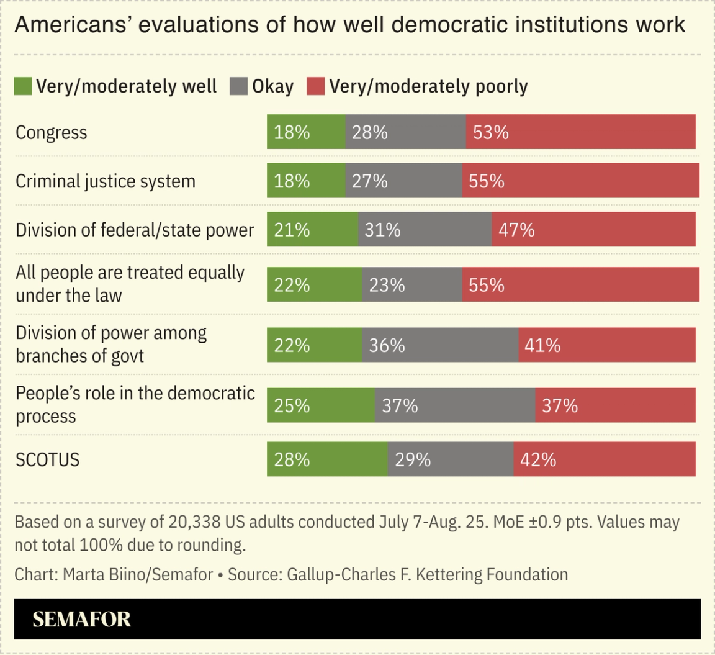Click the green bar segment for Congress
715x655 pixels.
point(306,132)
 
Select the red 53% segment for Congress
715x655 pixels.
point(580,132)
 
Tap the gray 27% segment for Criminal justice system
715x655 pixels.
point(403,181)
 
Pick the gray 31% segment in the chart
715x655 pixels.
point(425,230)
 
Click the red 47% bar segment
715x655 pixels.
point(593,230)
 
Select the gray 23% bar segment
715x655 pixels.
point(411,284)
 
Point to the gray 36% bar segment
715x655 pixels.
point(440,345)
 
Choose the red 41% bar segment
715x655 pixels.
point(607,345)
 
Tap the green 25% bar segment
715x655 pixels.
point(320,405)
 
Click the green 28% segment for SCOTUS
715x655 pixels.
point(327,459)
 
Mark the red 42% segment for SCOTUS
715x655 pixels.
point(605,459)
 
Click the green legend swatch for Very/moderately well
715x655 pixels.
point(23,86)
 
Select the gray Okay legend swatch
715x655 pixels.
point(238,86)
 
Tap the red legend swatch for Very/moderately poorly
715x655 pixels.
point(315,86)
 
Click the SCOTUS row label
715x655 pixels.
point(48,460)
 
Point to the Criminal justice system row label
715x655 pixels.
point(106,181)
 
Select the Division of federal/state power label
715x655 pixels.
point(135,230)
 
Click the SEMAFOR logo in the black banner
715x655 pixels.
point(82,619)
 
